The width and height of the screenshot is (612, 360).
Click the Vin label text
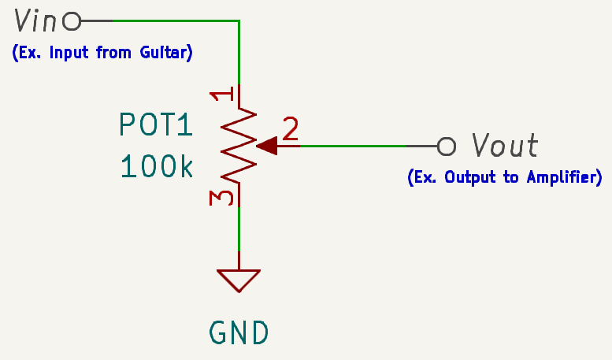click(35, 20)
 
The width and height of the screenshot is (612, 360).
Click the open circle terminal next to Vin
click(72, 21)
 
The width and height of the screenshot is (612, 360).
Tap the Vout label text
click(505, 146)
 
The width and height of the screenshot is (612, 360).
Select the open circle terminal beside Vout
click(447, 146)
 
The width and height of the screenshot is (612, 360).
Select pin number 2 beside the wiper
click(291, 129)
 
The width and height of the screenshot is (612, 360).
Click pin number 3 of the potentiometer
click(223, 196)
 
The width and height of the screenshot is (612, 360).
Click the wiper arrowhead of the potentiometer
click(267, 146)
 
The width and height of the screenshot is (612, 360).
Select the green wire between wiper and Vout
click(354, 146)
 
